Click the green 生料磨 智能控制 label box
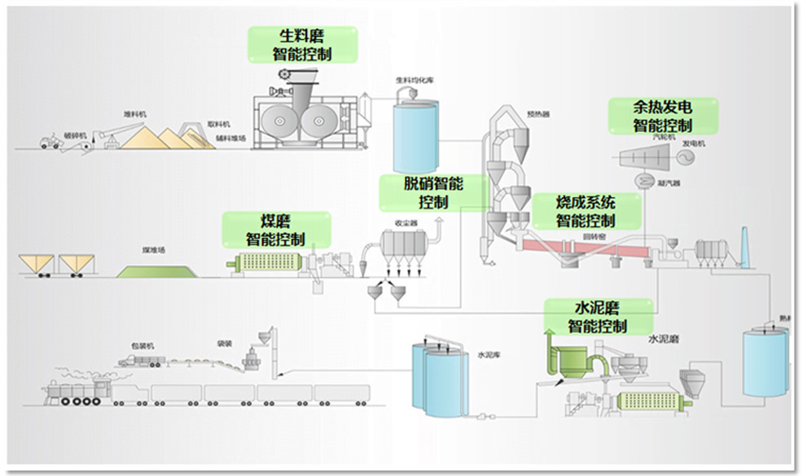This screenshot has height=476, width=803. pyautogui.click(x=303, y=45)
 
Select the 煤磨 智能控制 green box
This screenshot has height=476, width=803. pyautogui.click(x=277, y=230)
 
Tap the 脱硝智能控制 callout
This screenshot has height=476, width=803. pyautogui.click(x=433, y=192)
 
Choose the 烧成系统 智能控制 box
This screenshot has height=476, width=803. pyautogui.click(x=586, y=211)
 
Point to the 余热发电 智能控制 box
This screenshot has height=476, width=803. pyautogui.click(x=663, y=117)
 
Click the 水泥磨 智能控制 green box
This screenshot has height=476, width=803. pyautogui.click(x=598, y=317)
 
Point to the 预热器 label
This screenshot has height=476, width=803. pyautogui.click(x=538, y=115)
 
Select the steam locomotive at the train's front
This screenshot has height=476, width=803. pyautogui.click(x=77, y=394)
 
